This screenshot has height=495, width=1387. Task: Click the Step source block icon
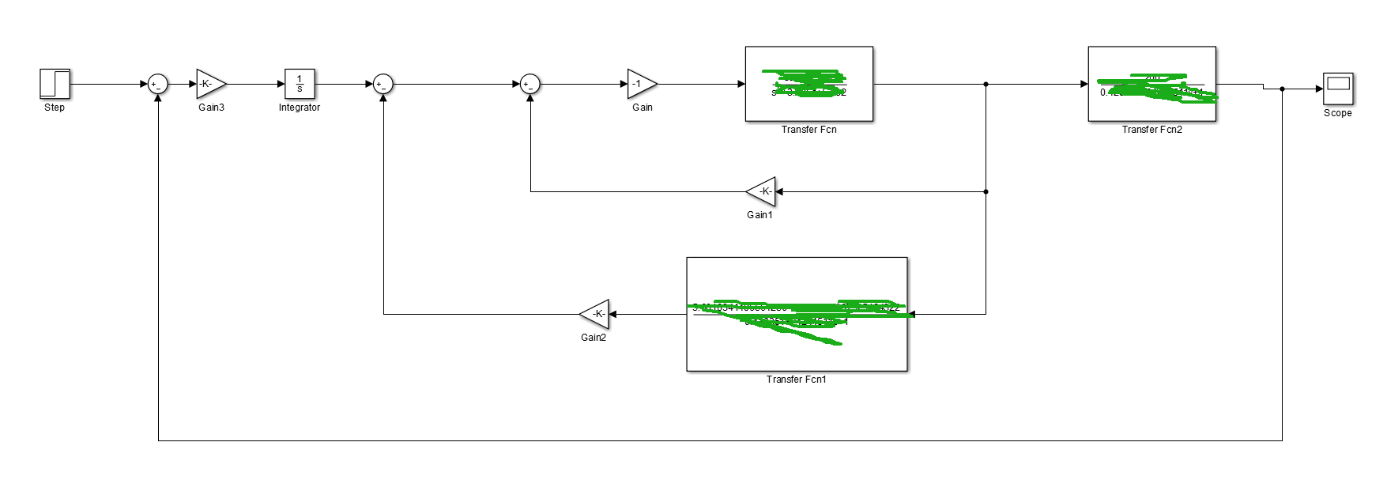pos(55,84)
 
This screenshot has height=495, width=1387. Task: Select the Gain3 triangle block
pos(210,84)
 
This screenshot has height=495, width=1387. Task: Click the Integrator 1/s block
pos(300,84)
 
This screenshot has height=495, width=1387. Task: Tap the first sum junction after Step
pos(158,84)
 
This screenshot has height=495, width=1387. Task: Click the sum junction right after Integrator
pos(383,84)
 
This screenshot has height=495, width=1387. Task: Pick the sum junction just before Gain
pos(530,84)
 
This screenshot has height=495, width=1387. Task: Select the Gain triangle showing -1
pos(641,84)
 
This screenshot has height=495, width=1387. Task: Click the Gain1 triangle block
pos(762,191)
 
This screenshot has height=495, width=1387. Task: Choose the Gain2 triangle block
pos(596,314)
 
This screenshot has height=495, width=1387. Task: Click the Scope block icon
pos(1338,89)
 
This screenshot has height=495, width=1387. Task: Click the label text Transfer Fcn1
pos(796,380)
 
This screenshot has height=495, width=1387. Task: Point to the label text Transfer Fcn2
pos(1151,130)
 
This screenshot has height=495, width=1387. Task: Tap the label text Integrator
pos(300,108)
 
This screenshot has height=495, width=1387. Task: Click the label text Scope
pos(1337,113)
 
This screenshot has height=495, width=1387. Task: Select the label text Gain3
pos(211,108)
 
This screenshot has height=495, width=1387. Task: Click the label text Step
pos(55,108)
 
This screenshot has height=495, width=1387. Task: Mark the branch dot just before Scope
pos(1282,89)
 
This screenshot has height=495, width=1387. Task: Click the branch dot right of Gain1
pos(986,191)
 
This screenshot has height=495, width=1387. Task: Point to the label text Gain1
pos(759,215)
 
